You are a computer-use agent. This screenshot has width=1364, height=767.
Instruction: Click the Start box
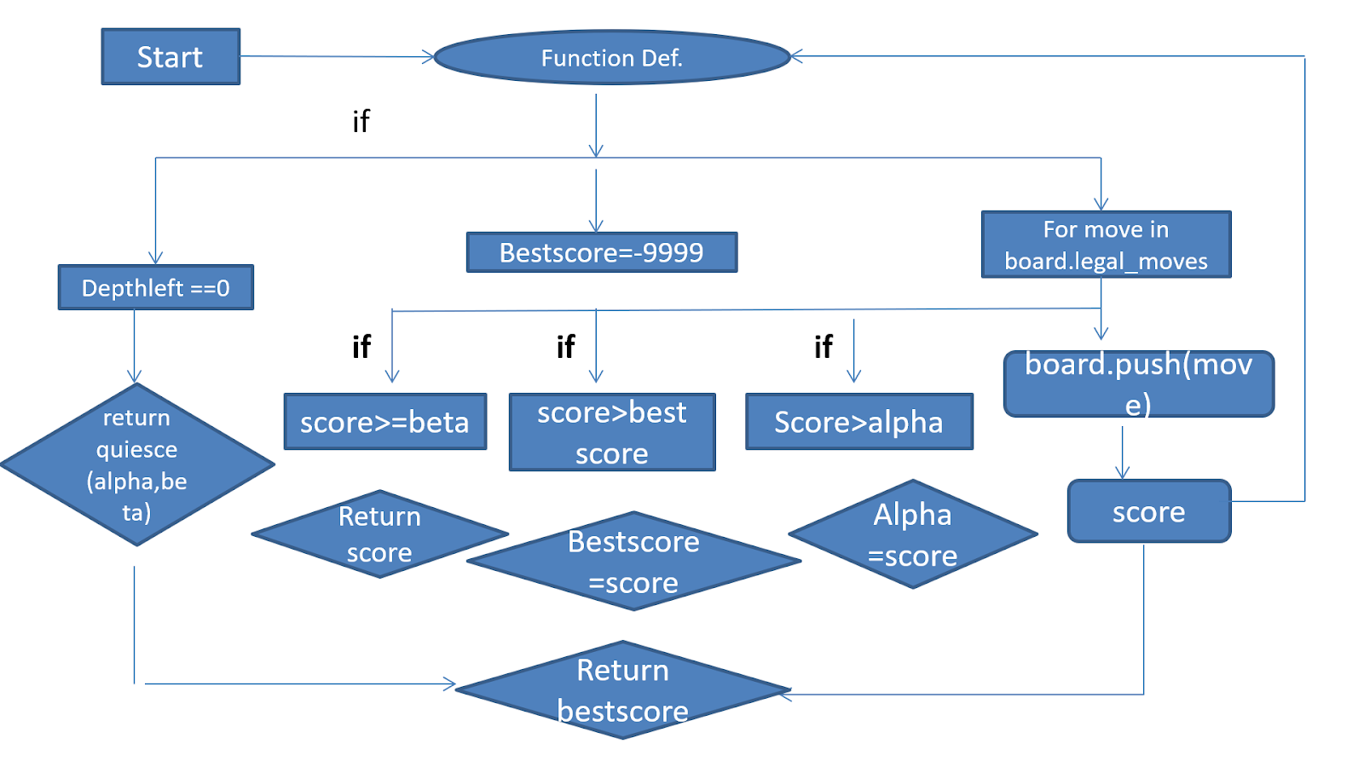(x=170, y=57)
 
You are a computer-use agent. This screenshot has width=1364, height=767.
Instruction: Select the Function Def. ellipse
(x=611, y=58)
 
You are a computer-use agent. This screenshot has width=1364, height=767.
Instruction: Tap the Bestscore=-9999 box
(x=601, y=252)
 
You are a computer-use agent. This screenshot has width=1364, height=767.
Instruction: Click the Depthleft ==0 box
(x=155, y=287)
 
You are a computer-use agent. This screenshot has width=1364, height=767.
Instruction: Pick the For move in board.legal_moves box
(x=1106, y=245)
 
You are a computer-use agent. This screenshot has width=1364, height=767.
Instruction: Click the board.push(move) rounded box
(x=1138, y=383)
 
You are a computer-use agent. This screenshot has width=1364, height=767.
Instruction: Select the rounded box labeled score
(x=1148, y=511)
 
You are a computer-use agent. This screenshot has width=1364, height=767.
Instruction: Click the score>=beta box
(x=384, y=422)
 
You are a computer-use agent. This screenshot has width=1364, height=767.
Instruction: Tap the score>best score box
(x=611, y=432)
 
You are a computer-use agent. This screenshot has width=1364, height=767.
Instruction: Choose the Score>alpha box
(x=858, y=422)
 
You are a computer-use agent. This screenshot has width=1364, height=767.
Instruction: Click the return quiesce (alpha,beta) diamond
(x=136, y=464)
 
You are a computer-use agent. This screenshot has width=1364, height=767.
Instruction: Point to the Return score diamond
(x=379, y=534)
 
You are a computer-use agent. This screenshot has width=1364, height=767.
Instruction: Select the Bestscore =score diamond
(x=633, y=562)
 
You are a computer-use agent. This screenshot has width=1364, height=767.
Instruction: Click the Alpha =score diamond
(x=912, y=534)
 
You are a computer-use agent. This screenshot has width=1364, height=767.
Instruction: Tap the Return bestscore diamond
(x=622, y=690)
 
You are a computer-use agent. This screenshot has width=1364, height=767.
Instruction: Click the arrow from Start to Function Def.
(x=337, y=57)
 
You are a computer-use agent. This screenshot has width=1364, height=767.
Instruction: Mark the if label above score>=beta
(x=361, y=347)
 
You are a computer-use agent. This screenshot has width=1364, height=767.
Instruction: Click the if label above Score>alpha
(x=823, y=347)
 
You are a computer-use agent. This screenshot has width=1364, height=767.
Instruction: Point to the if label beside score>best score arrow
(x=565, y=347)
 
